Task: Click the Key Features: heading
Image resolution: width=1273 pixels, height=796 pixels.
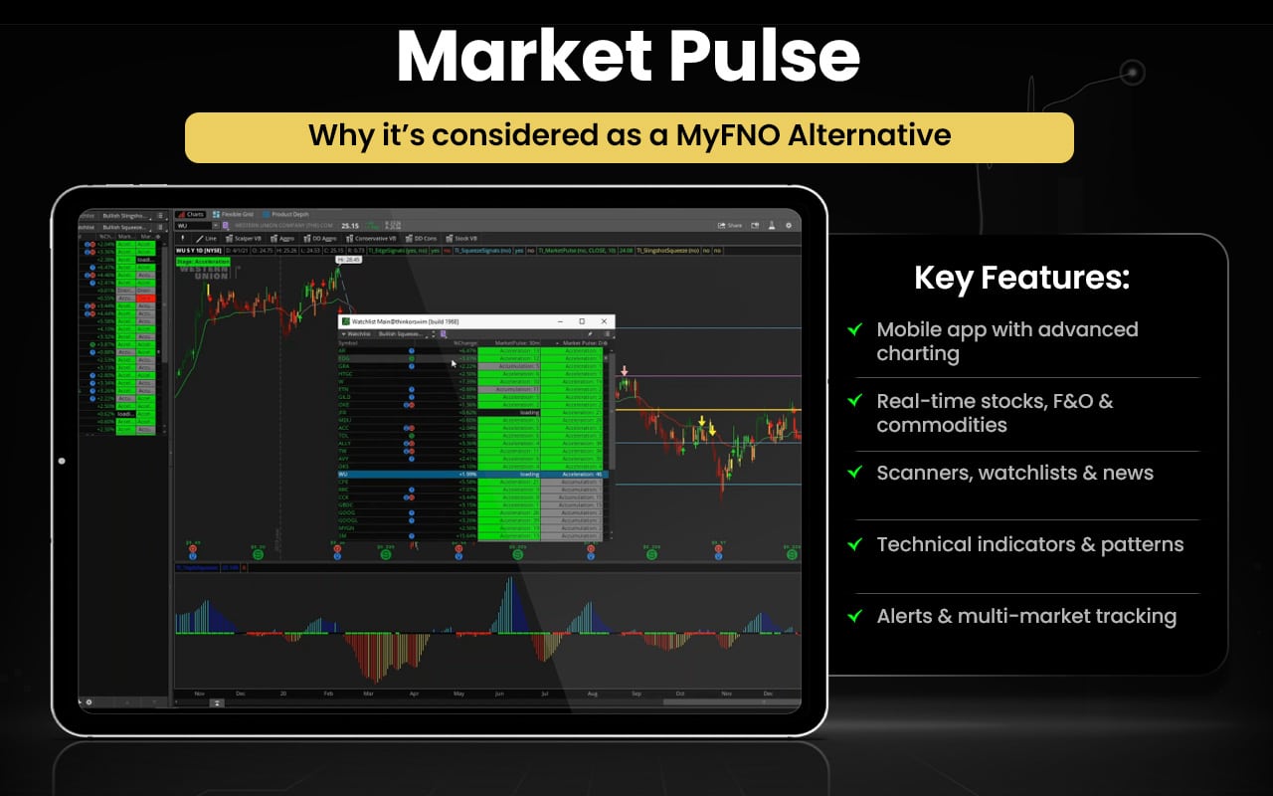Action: (x=1021, y=278)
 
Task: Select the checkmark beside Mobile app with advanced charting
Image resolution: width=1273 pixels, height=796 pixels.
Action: (x=854, y=329)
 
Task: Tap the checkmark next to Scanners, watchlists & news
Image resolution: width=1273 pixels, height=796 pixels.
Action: (x=854, y=472)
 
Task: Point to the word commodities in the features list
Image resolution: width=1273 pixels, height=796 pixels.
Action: (x=941, y=425)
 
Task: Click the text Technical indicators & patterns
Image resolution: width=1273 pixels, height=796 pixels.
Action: (x=1029, y=544)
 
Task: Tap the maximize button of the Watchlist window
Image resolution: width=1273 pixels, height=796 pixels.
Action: (x=582, y=321)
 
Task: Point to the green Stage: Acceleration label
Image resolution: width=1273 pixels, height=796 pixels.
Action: (x=203, y=262)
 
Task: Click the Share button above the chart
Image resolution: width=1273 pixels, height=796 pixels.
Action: (x=731, y=226)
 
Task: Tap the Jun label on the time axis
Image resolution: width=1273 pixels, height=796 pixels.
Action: (x=498, y=693)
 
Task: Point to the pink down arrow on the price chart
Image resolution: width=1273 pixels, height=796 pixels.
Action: (x=625, y=371)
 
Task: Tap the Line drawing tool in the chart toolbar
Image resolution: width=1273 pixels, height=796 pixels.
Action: (x=208, y=239)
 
